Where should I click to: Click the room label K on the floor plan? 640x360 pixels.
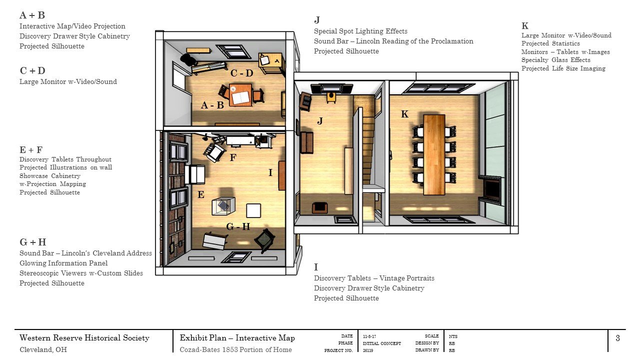405,114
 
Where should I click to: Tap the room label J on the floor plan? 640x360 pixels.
320,120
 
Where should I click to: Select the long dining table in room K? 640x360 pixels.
433,154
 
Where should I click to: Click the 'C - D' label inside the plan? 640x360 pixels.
241,73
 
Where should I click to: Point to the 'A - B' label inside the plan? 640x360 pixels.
212,105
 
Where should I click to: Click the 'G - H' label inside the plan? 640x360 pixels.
238,226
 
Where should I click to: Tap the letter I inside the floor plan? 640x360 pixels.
270,172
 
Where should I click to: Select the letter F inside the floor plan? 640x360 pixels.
232,157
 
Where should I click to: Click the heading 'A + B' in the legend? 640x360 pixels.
32,15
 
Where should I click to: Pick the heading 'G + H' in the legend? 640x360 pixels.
33,242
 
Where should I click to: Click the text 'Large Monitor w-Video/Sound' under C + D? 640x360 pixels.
68,81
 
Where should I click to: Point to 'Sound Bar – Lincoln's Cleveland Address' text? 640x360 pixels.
85,253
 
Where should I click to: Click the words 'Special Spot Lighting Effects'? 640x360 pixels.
360,31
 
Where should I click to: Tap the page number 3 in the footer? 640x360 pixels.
617,338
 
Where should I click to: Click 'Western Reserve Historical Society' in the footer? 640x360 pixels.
84,338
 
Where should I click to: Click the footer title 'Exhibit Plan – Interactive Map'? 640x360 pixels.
237,338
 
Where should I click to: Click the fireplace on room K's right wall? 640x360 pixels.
491,190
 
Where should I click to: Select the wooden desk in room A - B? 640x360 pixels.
240,95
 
